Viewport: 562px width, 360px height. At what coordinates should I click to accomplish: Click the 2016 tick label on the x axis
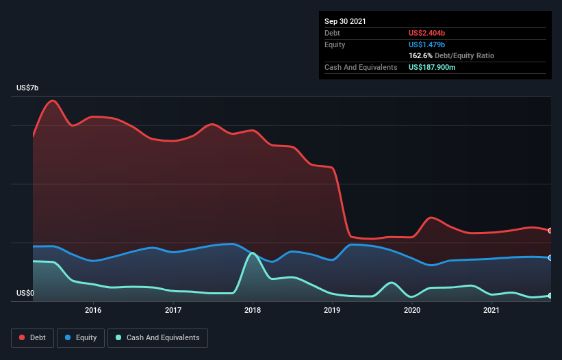pos(93,310)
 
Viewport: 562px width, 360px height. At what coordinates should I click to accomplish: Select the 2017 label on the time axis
pos(173,310)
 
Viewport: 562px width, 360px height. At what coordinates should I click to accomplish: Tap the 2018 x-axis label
pos(253,310)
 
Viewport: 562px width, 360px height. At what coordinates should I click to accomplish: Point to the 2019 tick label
pos(332,310)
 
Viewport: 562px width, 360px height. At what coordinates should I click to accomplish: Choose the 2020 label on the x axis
pos(412,310)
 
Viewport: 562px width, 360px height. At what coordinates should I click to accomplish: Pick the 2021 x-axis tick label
pos(491,310)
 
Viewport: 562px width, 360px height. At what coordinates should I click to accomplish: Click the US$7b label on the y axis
pos(27,88)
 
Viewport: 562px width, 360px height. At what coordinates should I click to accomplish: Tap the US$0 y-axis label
pos(25,293)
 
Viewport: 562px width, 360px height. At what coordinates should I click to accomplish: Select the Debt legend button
pos(33,338)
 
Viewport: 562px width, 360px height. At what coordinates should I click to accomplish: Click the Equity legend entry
pos(81,338)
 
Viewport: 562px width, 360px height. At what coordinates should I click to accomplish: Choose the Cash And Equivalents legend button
pos(157,338)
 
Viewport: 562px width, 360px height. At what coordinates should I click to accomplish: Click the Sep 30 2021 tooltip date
pos(345,21)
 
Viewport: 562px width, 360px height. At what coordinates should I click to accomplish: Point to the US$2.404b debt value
pos(426,33)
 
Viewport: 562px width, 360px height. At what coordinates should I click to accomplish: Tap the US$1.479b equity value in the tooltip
pos(426,44)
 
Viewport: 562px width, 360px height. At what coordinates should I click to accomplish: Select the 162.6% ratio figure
pos(420,55)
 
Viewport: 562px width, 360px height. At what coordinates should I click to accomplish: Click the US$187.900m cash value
pos(432,67)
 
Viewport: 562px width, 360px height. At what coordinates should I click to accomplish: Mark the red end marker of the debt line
pos(550,231)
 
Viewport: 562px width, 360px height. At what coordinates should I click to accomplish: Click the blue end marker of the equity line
pos(550,258)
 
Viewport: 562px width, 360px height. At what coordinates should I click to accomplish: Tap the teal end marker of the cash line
pos(550,296)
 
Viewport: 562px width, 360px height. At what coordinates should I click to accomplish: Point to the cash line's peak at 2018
pos(253,253)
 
